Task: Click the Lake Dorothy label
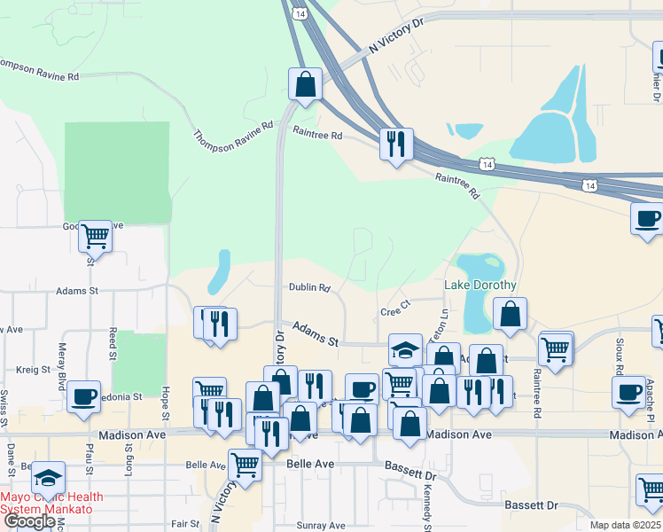[x=479, y=286]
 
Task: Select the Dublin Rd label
[x=309, y=287]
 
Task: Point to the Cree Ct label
[x=395, y=311]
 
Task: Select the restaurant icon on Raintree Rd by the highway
[x=394, y=143]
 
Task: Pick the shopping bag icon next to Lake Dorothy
[x=511, y=313]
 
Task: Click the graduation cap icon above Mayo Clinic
[x=48, y=477]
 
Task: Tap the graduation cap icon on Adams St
[x=405, y=349]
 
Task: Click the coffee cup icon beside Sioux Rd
[x=628, y=391]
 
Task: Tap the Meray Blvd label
[x=62, y=364]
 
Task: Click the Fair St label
[x=185, y=524]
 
